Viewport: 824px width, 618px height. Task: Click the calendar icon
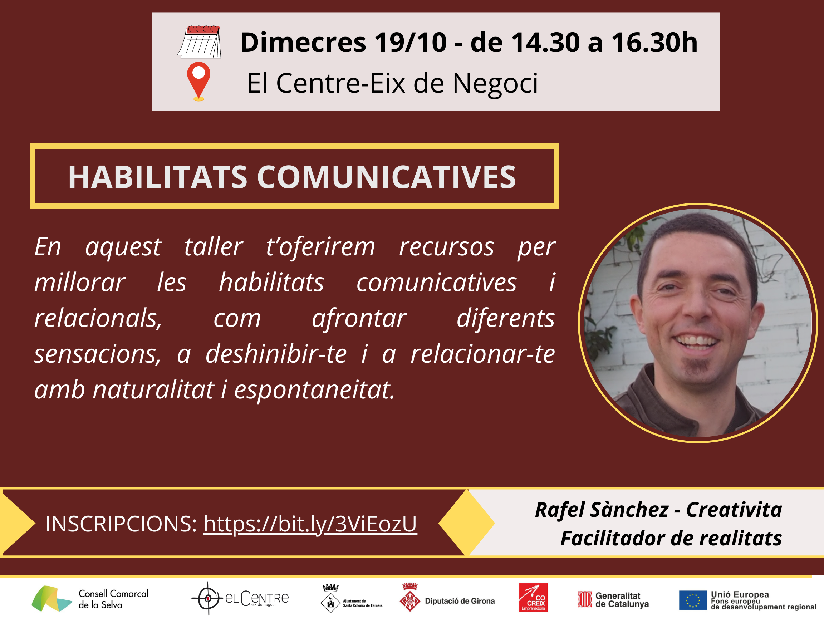[199, 42]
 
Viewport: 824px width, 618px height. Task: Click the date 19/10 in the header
[410, 43]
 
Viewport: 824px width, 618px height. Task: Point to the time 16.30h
[654, 43]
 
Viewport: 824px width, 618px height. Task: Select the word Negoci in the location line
[495, 83]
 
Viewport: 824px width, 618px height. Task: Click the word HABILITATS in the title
[158, 177]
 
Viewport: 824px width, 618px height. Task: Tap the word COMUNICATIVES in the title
[386, 177]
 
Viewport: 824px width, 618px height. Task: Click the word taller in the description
[214, 247]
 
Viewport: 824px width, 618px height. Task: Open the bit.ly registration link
[310, 524]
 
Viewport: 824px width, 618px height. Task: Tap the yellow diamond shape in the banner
[466, 523]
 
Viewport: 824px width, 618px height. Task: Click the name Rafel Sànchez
[602, 510]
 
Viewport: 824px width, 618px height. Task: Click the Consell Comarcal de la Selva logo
[90, 599]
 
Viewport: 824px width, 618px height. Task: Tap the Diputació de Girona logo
[447, 598]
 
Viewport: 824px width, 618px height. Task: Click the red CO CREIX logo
[533, 598]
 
